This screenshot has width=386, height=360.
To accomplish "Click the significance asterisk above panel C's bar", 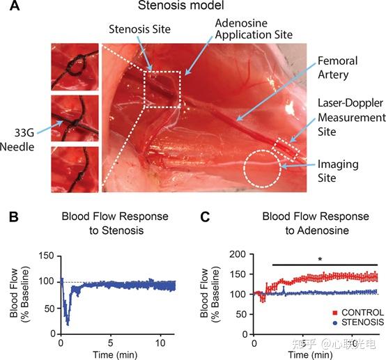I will pos(320,260).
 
